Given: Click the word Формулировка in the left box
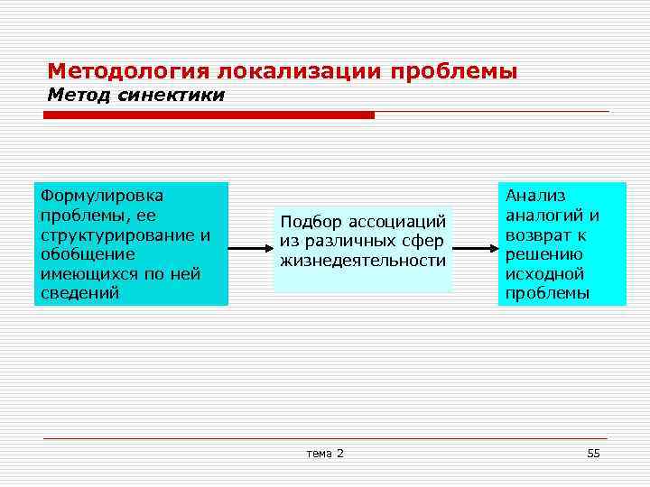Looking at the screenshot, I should (100, 195).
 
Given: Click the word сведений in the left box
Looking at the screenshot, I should (80, 294).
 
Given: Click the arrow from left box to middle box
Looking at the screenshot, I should (249, 243).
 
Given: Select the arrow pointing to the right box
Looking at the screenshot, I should (475, 243).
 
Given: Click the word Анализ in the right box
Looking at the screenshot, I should (535, 195).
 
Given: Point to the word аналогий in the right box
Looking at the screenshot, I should (543, 215).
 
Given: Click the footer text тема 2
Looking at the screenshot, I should (325, 453).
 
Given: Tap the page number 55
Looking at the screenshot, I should (593, 453).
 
